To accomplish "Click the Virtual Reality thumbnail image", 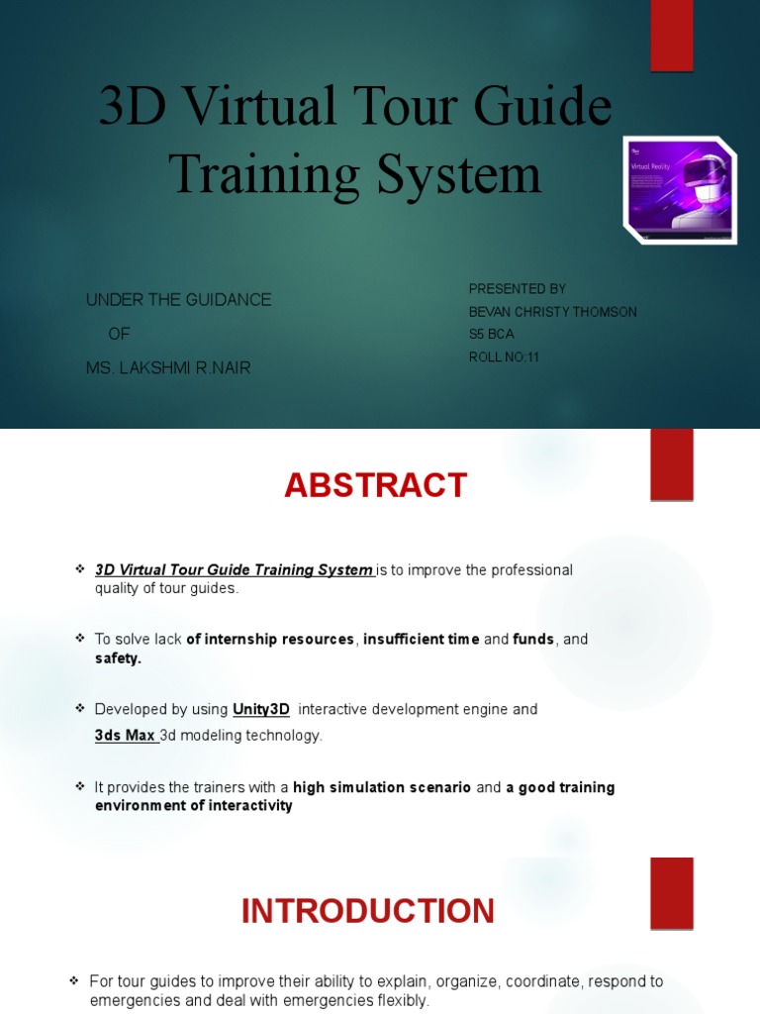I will [679, 190].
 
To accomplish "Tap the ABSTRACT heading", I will [375, 485].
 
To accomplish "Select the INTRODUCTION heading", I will [367, 911].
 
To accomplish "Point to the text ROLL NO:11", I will [504, 357].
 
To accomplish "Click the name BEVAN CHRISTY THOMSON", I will [552, 312].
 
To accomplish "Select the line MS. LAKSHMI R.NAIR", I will [168, 368].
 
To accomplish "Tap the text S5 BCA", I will [491, 335].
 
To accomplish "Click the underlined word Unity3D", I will [261, 710].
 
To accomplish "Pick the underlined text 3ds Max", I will [126, 736].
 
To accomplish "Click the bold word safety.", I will [118, 659].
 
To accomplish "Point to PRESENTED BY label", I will [517, 289].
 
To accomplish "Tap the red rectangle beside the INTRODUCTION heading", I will [671, 893].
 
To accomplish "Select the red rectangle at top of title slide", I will [671, 36].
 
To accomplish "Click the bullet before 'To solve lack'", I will [80, 639].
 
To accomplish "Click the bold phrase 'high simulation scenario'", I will [382, 788].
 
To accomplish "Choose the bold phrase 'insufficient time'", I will [421, 640].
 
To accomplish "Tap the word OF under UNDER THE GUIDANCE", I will [119, 334].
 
